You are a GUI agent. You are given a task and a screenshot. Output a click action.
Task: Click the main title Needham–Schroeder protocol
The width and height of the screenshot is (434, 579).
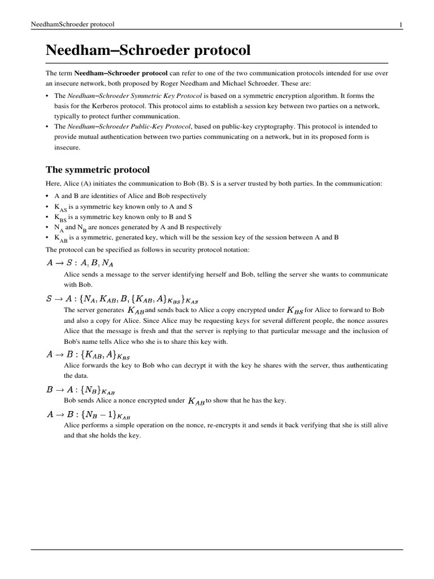(147, 50)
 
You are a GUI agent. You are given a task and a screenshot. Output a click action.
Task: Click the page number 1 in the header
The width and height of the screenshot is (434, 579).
(401, 24)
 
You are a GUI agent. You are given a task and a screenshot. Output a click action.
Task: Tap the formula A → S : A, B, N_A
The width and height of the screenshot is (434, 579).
(83, 262)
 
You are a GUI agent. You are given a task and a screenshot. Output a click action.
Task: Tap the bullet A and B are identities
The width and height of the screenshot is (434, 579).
(130, 196)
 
